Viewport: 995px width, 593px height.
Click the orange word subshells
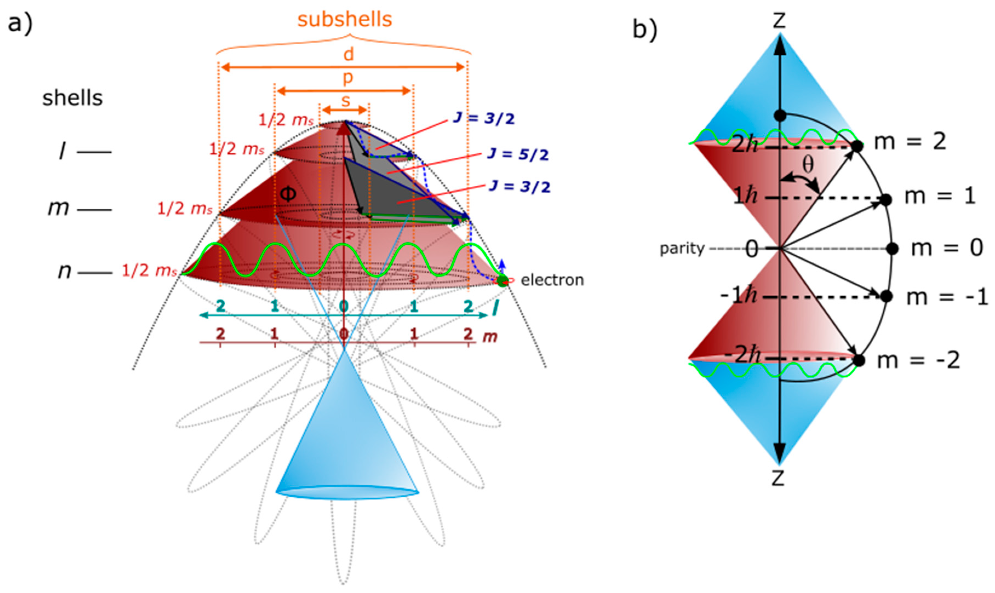(345, 20)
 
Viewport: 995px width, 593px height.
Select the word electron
(552, 280)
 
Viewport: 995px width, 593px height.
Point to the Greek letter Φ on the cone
(288, 194)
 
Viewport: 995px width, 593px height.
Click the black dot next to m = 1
(886, 199)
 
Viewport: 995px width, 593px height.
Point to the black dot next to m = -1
(887, 296)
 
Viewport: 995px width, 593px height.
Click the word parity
(682, 249)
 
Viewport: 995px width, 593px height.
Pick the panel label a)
(20, 23)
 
